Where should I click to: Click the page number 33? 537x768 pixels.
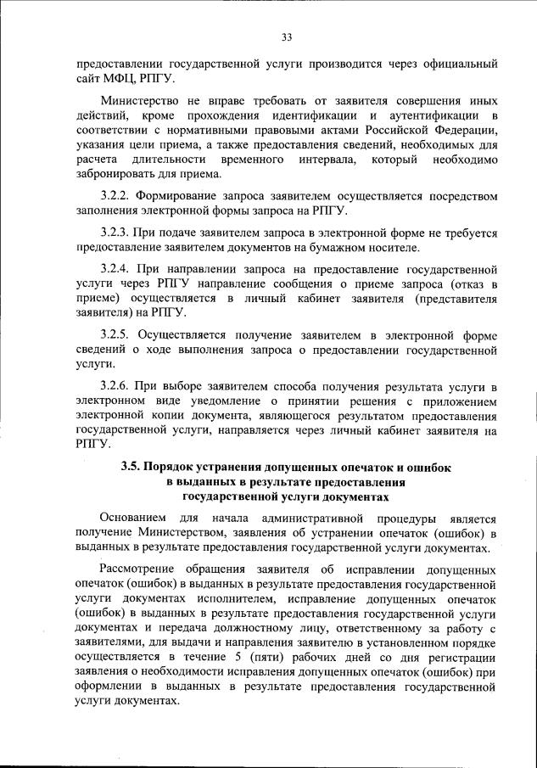tap(286, 36)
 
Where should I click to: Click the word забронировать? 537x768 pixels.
tap(119, 176)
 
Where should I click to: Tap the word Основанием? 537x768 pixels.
tap(132, 519)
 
